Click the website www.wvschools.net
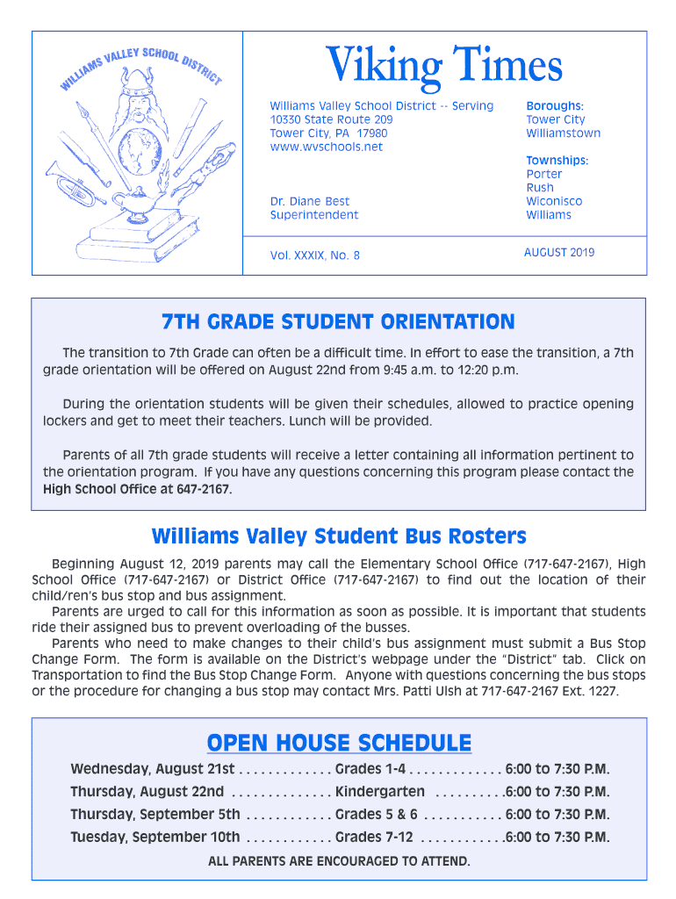(x=326, y=147)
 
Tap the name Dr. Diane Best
(x=309, y=201)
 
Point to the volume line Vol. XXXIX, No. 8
(x=314, y=255)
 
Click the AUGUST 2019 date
(x=558, y=252)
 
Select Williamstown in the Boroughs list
(x=563, y=133)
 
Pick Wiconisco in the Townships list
(x=553, y=201)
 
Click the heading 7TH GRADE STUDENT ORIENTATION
(x=338, y=322)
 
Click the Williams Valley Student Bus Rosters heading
(x=338, y=536)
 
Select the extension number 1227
(x=602, y=691)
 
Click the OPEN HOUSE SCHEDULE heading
(x=339, y=743)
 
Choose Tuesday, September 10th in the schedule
(x=155, y=837)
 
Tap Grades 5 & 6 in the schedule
(x=376, y=814)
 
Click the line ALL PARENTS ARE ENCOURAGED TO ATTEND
(x=339, y=860)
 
